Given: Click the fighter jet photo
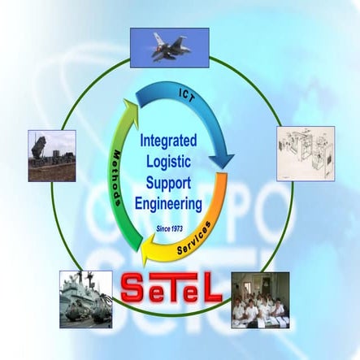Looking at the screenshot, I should tap(169, 47).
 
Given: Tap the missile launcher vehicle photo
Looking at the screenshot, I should tap(51, 155).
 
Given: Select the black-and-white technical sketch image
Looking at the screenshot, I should tap(305, 153).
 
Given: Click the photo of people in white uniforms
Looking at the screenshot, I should tap(260, 300).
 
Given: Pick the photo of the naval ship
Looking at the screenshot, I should tap(85, 299).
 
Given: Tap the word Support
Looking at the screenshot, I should tap(173, 180).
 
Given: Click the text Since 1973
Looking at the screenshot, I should tap(172, 230).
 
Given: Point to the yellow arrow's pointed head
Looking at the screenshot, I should tap(149, 257).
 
